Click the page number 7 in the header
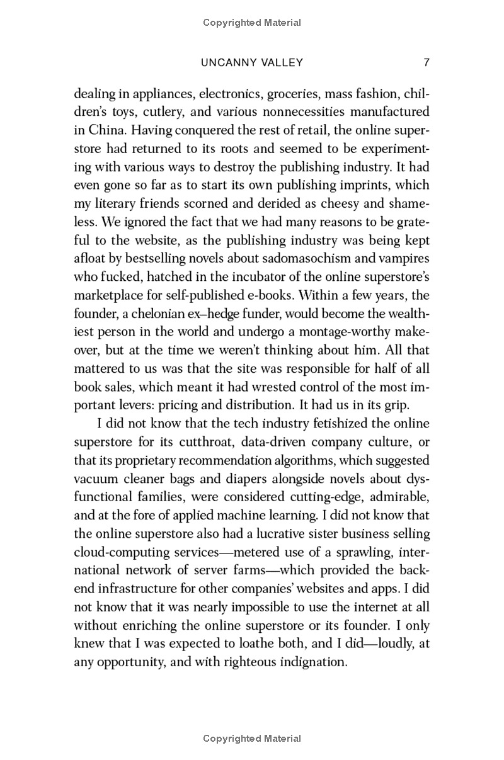[x=427, y=62]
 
